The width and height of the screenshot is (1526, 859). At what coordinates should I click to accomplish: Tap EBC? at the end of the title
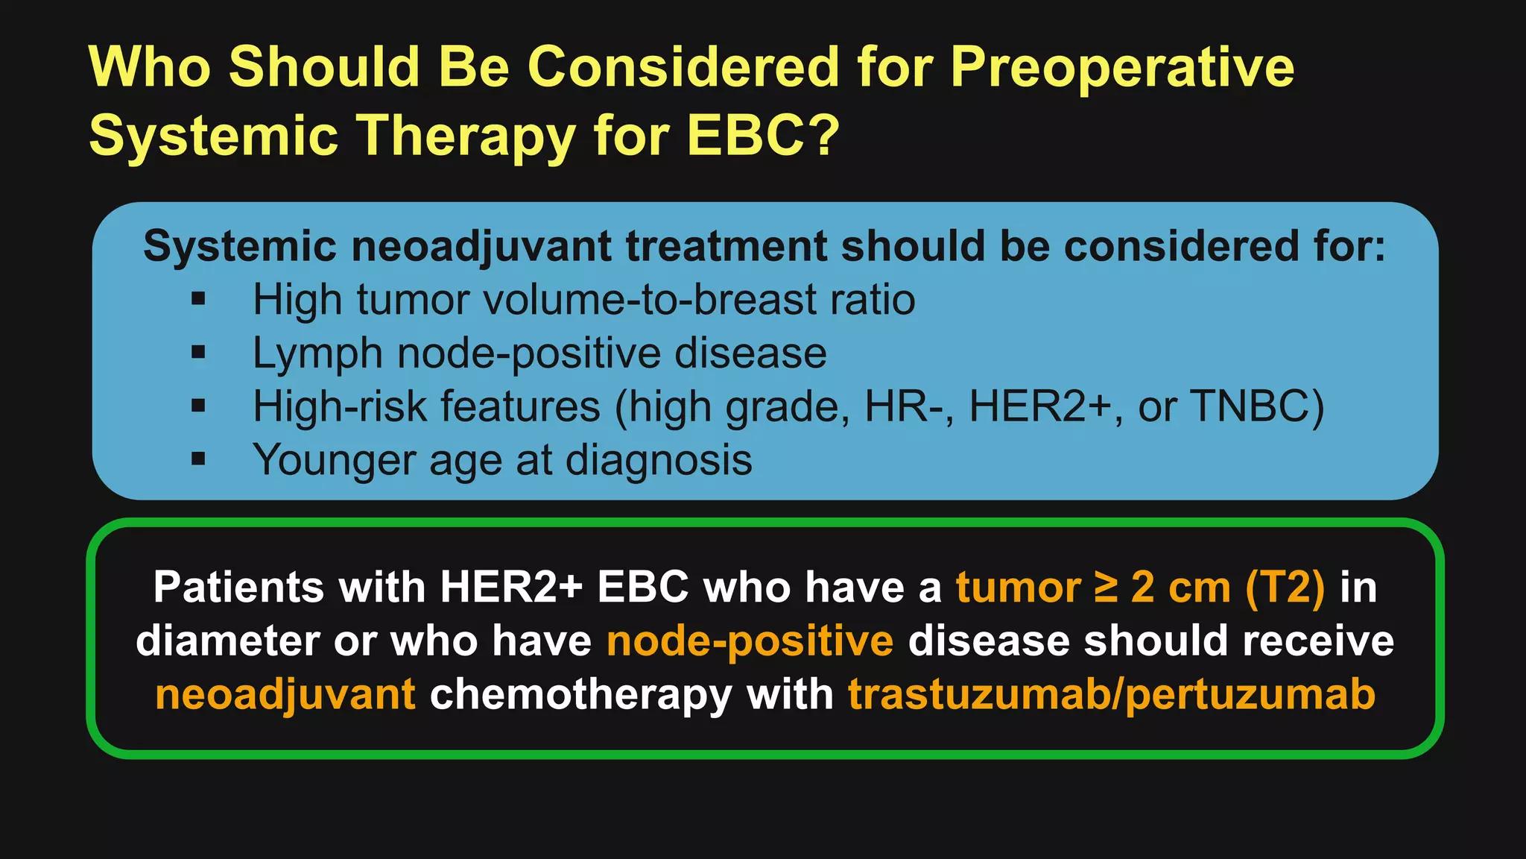762,136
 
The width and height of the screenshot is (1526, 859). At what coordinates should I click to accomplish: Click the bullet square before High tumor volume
198,300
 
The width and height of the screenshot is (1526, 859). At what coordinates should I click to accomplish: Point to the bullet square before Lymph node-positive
198,353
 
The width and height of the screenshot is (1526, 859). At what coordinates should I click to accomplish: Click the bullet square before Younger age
198,459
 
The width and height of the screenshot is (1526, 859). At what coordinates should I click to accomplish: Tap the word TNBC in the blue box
1257,406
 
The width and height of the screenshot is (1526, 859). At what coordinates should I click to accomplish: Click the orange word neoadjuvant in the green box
285,695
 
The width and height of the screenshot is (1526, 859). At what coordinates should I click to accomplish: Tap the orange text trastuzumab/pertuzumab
1111,695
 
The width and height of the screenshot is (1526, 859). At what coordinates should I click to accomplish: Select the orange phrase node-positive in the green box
750,641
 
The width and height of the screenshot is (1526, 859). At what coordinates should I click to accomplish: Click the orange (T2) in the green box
1285,588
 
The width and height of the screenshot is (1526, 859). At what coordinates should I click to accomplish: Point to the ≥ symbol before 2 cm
1106,588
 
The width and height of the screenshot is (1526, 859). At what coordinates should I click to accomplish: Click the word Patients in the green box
238,588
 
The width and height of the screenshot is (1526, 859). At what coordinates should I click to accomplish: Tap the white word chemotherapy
580,695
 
